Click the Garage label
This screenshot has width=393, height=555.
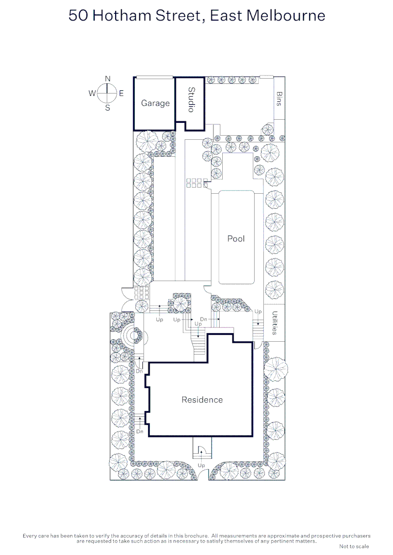[x=155, y=103]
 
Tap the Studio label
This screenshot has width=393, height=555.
[x=191, y=100]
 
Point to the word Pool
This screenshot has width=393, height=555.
[x=236, y=238]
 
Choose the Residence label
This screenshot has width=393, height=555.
[x=202, y=399]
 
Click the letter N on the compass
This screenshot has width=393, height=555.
[x=108, y=78]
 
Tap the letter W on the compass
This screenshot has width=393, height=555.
[x=92, y=94]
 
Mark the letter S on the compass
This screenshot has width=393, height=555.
[x=108, y=108]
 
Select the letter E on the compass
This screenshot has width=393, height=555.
[x=121, y=94]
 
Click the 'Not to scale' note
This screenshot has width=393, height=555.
[x=354, y=546]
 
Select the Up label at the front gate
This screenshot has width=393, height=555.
[x=201, y=465]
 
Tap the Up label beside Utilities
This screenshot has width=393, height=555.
[x=258, y=311]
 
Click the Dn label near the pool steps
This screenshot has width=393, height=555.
[x=204, y=319]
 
